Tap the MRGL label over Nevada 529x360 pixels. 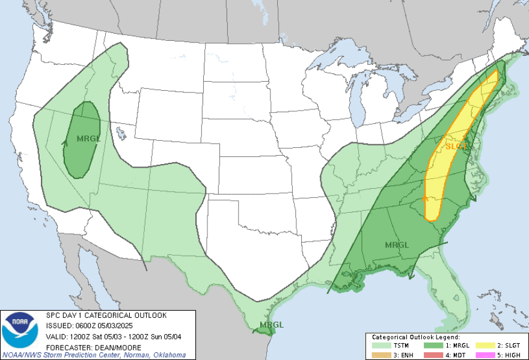coord(88,139)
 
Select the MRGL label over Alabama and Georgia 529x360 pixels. coord(396,245)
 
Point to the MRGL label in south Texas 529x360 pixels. coord(271,325)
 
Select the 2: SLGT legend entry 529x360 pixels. coord(501,346)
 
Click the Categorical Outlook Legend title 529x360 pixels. coord(415,338)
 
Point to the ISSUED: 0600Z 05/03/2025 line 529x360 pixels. coord(85,325)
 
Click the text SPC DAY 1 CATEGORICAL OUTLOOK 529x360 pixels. coord(106,316)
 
